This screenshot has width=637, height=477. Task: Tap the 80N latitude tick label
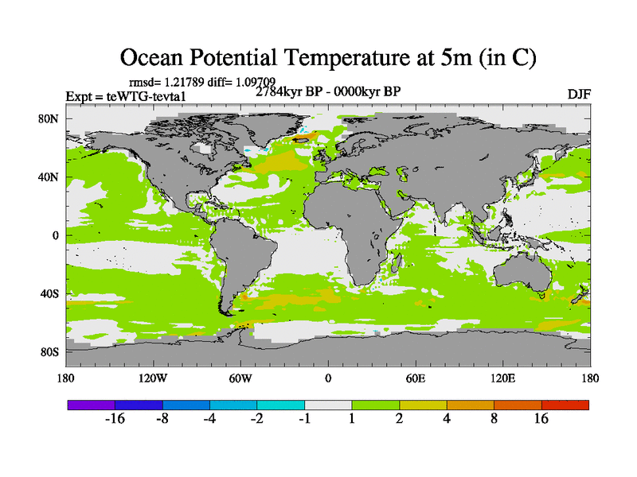pyautogui.click(x=52, y=119)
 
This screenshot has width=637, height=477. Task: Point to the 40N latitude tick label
pyautogui.click(x=52, y=177)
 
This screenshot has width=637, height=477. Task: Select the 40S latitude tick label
pyautogui.click(x=52, y=294)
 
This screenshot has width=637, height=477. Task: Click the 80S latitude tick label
pyautogui.click(x=52, y=352)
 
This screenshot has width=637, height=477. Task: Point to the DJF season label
pyautogui.click(x=579, y=94)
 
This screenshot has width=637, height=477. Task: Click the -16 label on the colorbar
pyautogui.click(x=115, y=420)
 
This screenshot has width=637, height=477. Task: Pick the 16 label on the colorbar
pyautogui.click(x=541, y=420)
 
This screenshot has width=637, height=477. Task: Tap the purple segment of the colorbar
pyautogui.click(x=91, y=405)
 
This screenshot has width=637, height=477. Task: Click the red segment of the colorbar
pyautogui.click(x=565, y=405)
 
